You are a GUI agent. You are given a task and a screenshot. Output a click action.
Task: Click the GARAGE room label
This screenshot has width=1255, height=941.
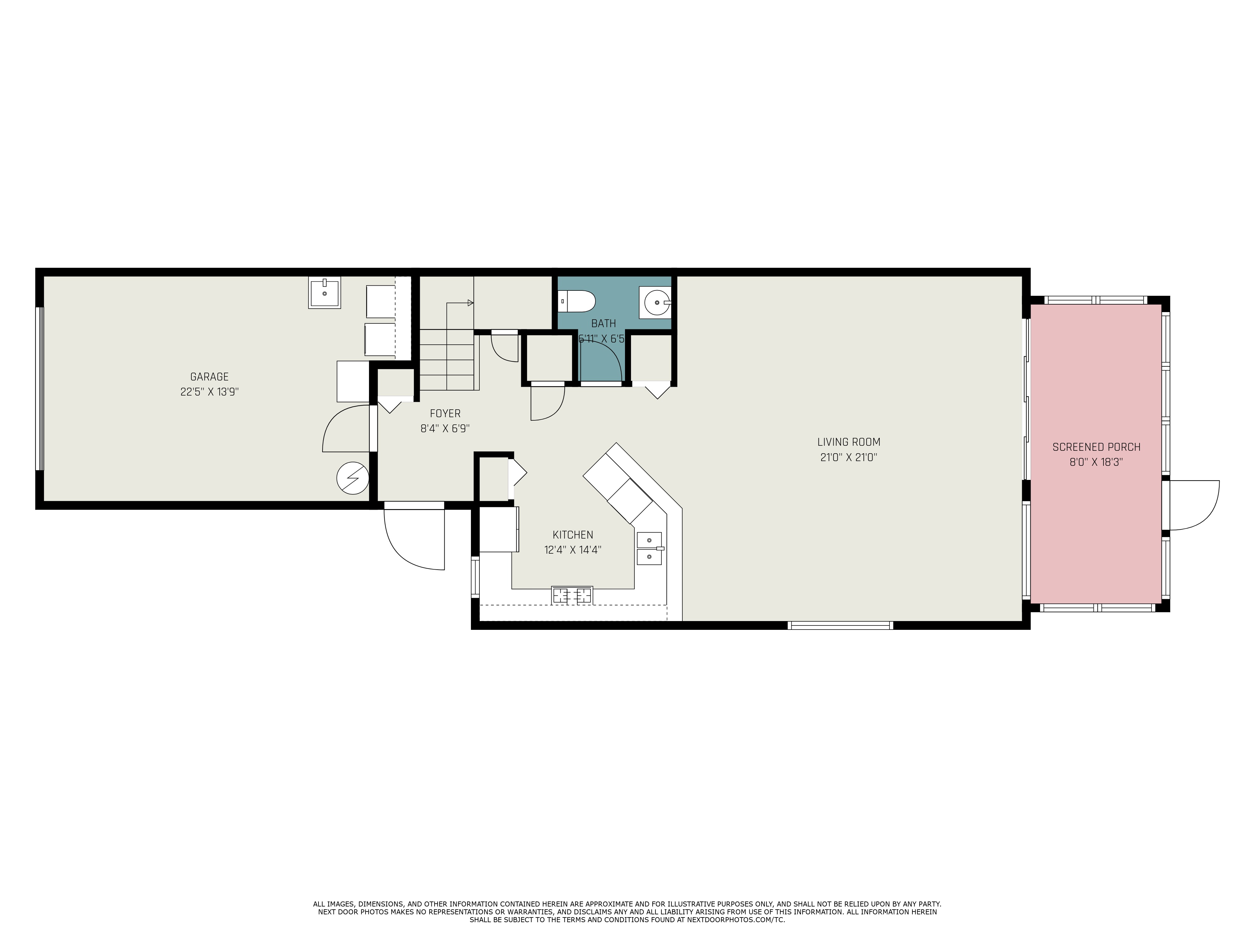(209, 377)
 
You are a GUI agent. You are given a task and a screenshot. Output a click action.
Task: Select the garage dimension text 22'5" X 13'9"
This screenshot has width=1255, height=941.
(209, 392)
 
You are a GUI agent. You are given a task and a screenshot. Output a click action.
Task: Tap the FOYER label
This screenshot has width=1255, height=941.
(445, 413)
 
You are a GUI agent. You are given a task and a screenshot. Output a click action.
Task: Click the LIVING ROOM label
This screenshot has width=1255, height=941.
(848, 442)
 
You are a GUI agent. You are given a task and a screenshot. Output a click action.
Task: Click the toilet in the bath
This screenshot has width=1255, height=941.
(576, 301)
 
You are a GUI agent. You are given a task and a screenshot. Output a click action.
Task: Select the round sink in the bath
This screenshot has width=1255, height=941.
(656, 302)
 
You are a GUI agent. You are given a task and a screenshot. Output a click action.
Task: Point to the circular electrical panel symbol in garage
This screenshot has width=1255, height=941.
(352, 478)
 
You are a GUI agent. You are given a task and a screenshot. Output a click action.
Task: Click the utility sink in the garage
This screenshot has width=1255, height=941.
(324, 293)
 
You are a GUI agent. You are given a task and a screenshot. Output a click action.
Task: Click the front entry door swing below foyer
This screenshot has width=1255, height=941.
(414, 539)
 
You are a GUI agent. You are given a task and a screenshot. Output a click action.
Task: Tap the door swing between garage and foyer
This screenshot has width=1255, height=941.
(347, 429)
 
